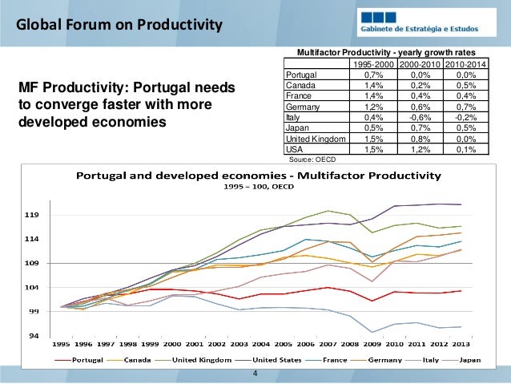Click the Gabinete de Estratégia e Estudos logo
[x=426, y=22]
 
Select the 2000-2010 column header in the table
[x=420, y=64]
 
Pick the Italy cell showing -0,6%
[x=420, y=118]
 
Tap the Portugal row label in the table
[x=301, y=75]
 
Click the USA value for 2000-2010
[x=420, y=149]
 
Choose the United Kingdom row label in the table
[x=316, y=139]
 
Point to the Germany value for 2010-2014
[x=466, y=107]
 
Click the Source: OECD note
[x=312, y=160]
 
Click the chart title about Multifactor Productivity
[x=259, y=176]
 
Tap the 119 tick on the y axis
[x=31, y=215]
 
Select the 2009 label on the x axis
[x=372, y=344]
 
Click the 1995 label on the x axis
[x=61, y=344]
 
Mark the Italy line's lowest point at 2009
[x=372, y=332]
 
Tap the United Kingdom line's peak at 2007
[x=328, y=211]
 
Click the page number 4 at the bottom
[x=255, y=374]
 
